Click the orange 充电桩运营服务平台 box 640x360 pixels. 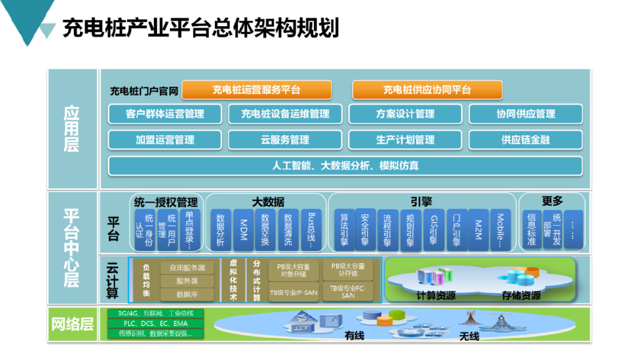click(256, 90)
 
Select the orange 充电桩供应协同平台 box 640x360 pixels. click(427, 90)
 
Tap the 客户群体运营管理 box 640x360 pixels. click(165, 114)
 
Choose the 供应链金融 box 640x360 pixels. click(525, 139)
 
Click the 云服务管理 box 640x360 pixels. click(285, 139)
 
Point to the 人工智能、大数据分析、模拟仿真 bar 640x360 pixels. click(345, 166)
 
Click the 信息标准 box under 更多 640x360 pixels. click(532, 229)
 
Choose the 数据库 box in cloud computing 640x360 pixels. click(187, 294)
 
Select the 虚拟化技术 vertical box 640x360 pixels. click(234, 280)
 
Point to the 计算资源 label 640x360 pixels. click(436, 295)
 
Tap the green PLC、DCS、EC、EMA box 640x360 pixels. click(156, 324)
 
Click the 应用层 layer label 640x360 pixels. click(72, 129)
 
